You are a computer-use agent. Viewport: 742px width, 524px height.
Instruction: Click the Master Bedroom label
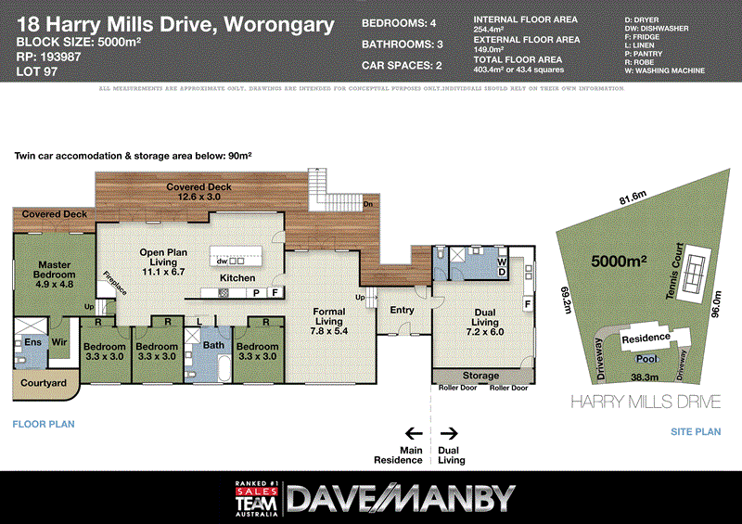(x=55, y=270)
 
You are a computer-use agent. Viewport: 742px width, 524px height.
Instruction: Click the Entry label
(x=402, y=311)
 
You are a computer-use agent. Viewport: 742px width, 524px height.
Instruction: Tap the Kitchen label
(x=237, y=278)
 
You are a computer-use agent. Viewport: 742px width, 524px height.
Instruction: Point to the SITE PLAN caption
(x=695, y=432)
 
